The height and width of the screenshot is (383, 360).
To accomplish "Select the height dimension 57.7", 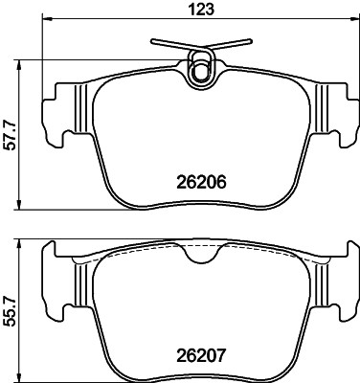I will coord(11,136).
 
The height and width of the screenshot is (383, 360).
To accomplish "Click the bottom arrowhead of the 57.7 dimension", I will coord(23,208).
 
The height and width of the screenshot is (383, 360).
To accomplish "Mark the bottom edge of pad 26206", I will coord(202,209).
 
